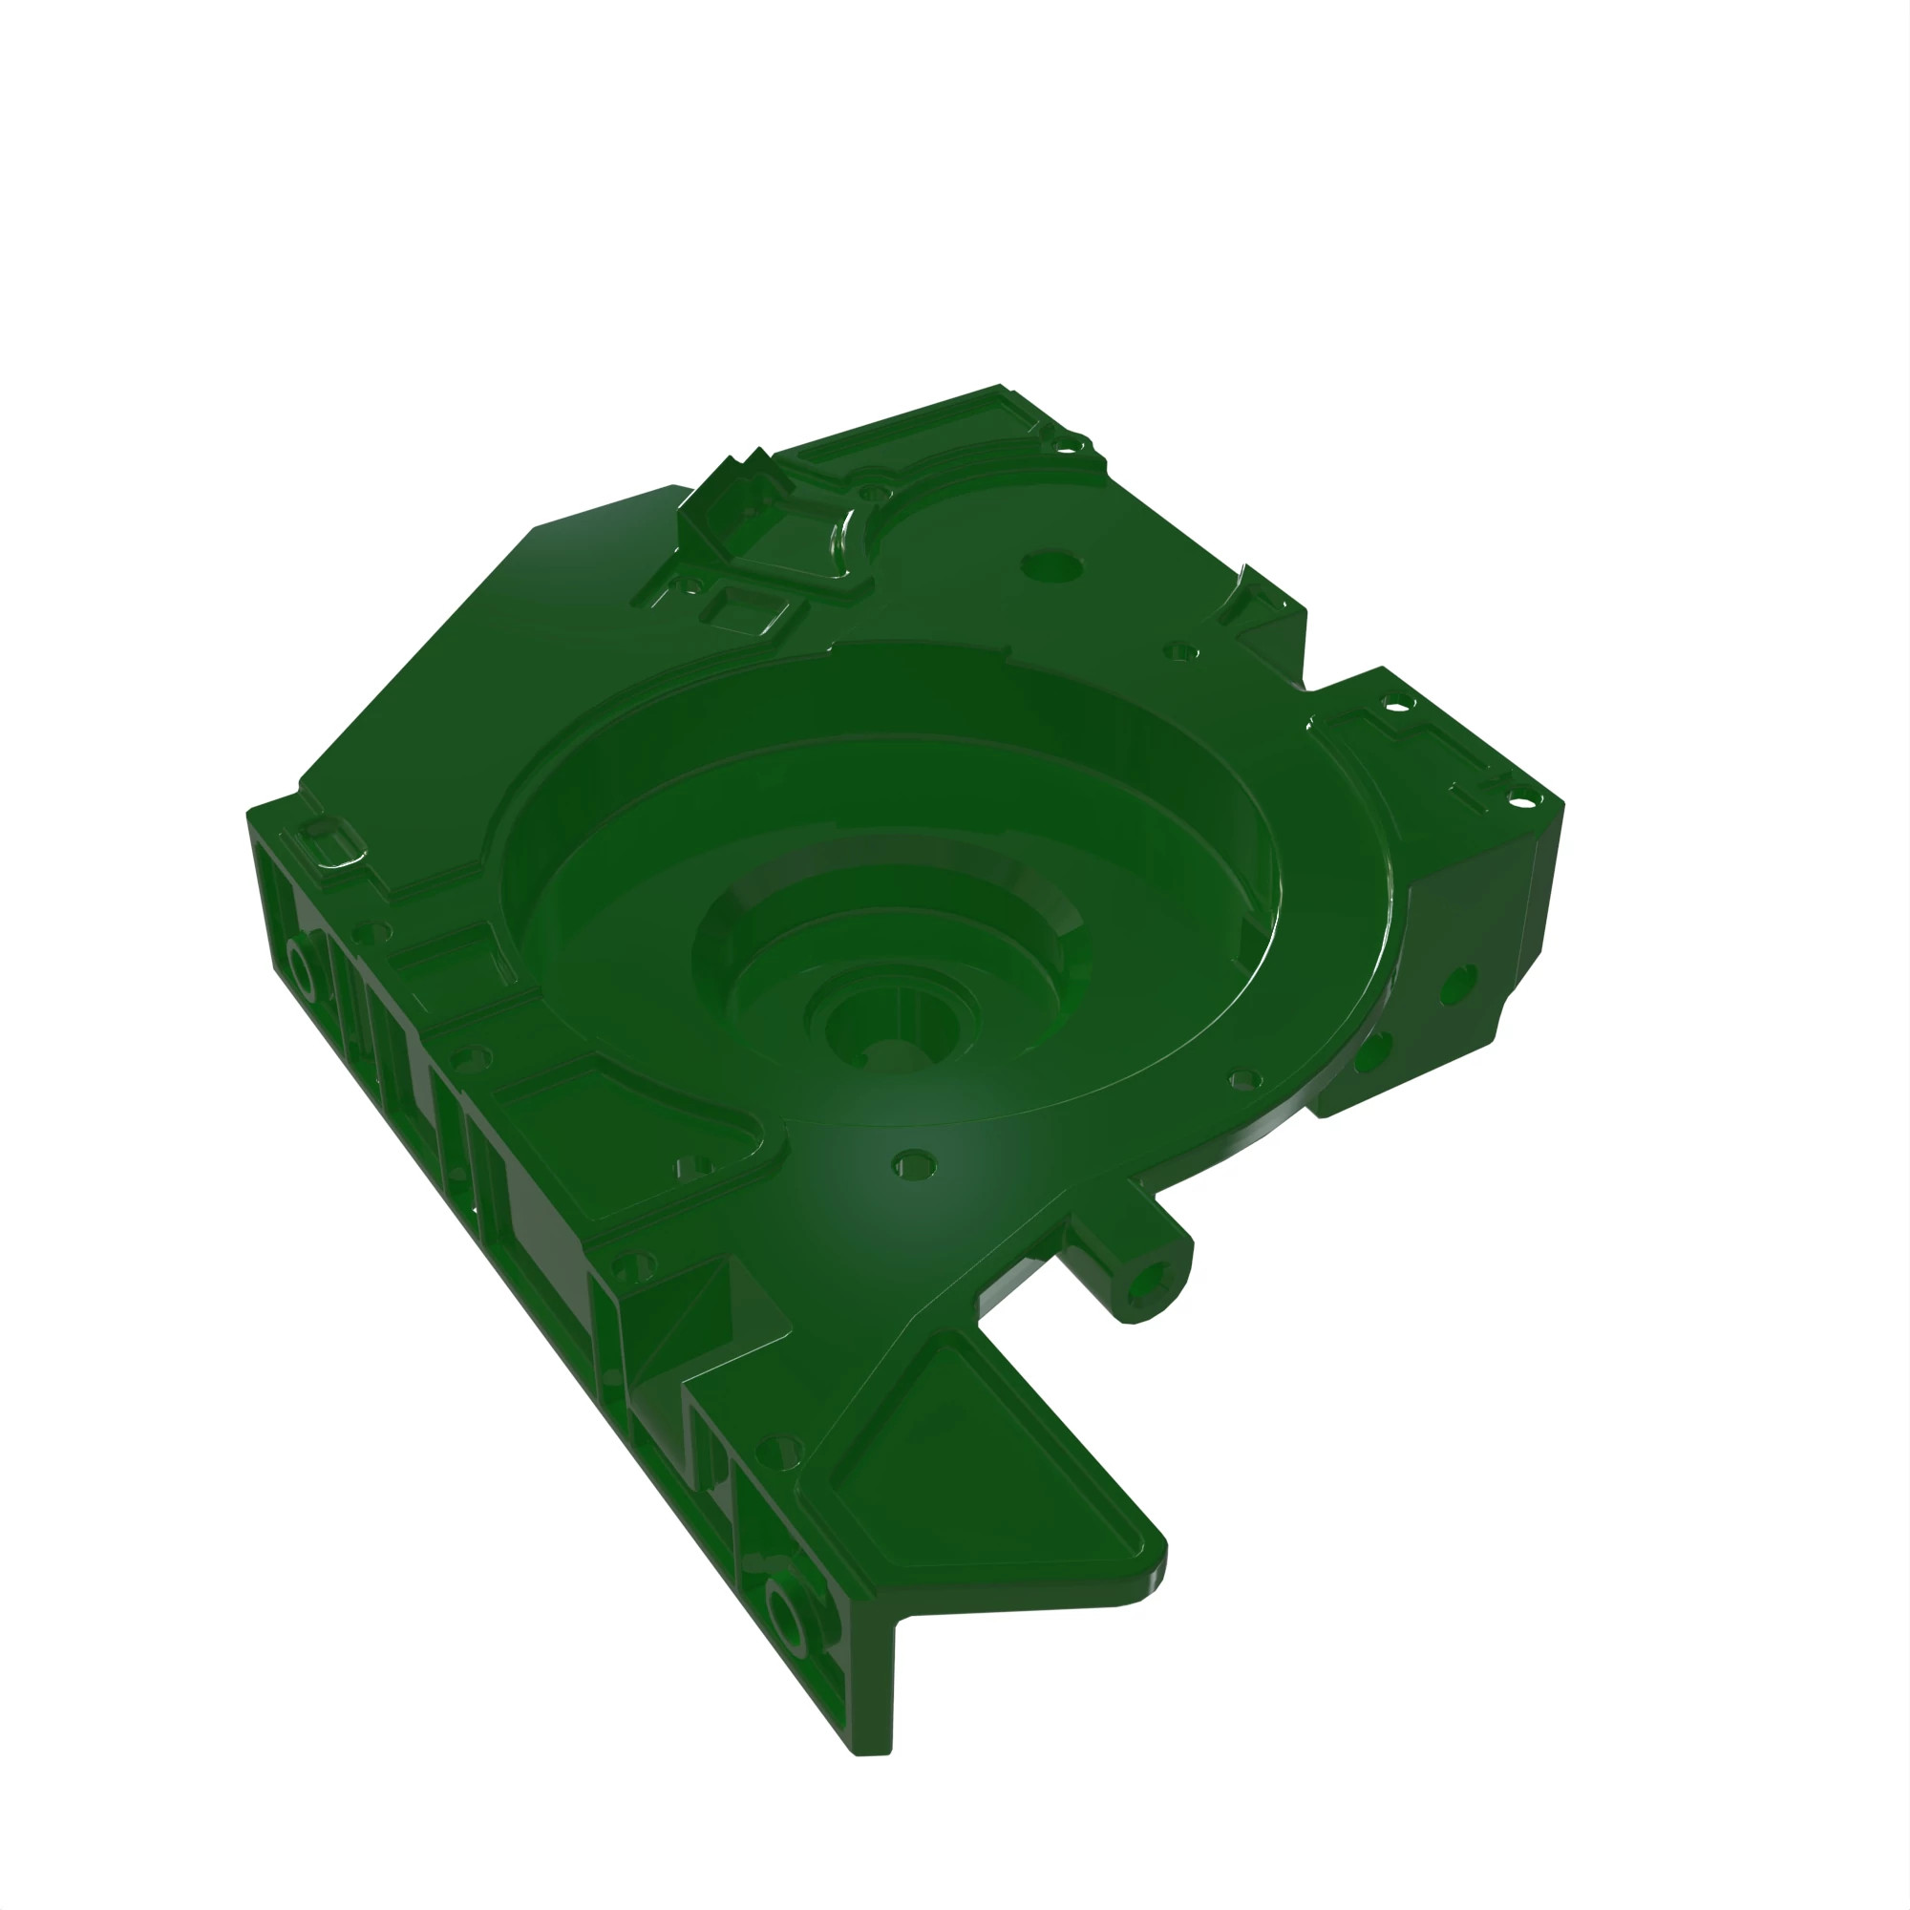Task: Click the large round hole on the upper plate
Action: click(1050, 567)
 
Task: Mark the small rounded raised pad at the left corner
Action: click(331, 845)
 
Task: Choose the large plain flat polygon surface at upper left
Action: click(514, 672)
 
